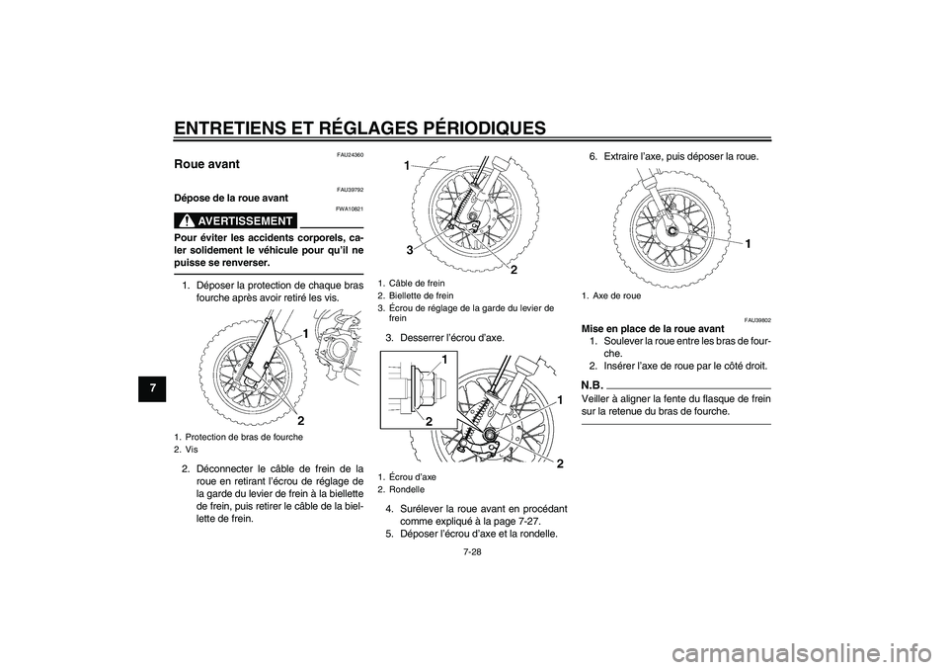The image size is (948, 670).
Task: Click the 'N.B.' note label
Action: (592, 383)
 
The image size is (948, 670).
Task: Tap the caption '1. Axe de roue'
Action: (611, 294)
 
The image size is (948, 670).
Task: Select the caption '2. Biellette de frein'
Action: (416, 294)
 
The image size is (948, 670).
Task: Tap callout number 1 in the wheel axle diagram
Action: (747, 242)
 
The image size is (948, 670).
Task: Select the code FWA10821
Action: (350, 209)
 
